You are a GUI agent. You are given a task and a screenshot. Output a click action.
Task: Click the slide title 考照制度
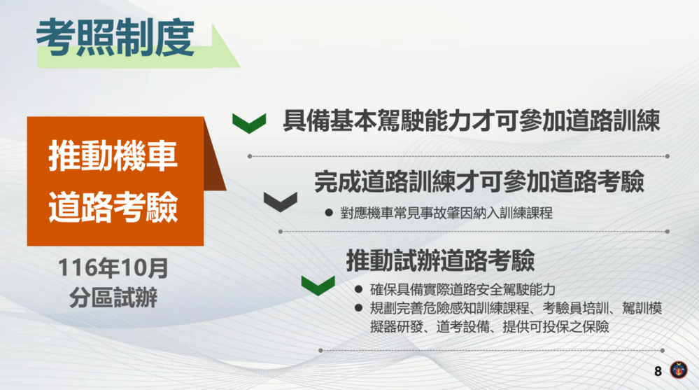[115, 37]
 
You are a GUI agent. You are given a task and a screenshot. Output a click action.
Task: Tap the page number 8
[657, 370]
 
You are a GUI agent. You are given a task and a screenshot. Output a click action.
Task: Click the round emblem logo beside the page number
[679, 370]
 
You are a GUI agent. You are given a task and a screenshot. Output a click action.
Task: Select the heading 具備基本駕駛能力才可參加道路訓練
[471, 122]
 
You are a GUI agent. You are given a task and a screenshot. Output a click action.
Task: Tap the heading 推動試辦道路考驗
[440, 260]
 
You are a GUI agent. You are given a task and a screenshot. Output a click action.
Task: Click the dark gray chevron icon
[281, 202]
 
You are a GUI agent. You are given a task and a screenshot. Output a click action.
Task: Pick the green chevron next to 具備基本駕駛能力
[249, 123]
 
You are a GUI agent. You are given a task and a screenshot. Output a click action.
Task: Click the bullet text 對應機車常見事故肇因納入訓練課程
[446, 214]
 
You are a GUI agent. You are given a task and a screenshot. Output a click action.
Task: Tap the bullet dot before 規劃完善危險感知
[358, 308]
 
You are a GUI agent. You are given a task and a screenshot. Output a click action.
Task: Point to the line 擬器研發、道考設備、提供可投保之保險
[490, 326]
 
